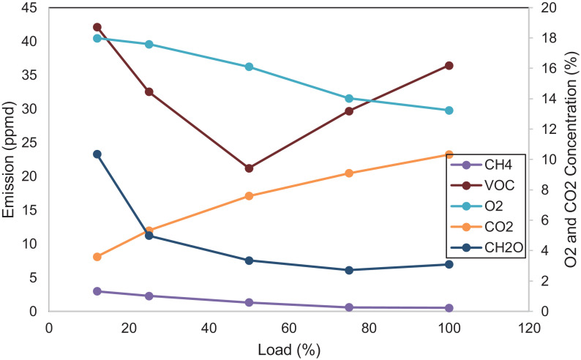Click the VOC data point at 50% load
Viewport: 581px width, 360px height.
pos(249,168)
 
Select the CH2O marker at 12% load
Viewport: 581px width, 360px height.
pos(97,154)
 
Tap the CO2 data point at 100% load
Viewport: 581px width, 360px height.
pos(449,154)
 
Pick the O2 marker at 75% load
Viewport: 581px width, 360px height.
pos(349,99)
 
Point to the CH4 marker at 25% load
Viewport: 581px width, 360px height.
pos(149,296)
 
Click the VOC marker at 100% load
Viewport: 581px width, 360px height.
pos(449,66)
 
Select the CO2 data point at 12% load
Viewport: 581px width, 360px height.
pos(97,257)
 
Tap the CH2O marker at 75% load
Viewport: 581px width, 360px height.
pos(349,270)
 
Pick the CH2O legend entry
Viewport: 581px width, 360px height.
pos(483,247)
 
